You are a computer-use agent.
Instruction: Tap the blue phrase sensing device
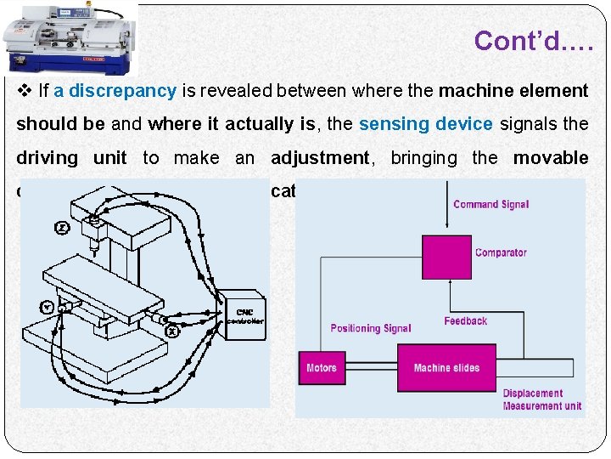(425, 124)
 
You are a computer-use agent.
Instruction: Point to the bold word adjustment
(320, 157)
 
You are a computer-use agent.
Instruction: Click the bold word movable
(550, 157)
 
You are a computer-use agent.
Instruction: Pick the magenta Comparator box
(446, 256)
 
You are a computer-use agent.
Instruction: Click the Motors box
(322, 368)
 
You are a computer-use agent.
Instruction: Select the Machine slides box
(446, 367)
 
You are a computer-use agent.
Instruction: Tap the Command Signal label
(490, 204)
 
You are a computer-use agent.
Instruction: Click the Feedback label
(465, 320)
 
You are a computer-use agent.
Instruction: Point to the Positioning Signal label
(370, 328)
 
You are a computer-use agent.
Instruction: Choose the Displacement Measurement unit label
(541, 399)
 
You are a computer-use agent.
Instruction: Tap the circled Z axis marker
(62, 228)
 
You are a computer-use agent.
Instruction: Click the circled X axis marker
(172, 331)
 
